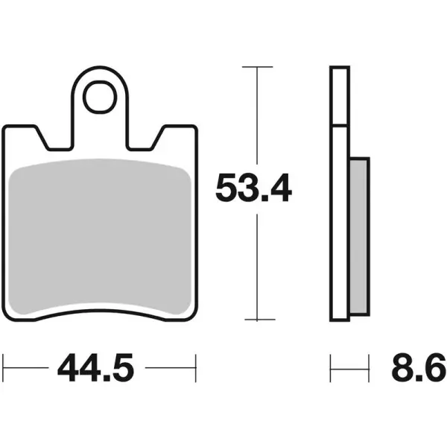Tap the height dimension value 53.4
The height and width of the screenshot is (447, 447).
253,188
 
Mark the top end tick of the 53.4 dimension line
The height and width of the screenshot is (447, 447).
256,67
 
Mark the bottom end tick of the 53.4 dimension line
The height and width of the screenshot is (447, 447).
256,321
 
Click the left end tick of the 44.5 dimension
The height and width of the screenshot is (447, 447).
4,367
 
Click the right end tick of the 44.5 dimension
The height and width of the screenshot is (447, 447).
195,367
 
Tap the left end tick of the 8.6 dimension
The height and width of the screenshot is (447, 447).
331,367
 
